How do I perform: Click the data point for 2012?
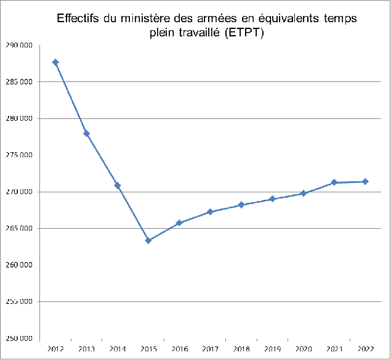[55, 62]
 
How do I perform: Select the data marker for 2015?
[148, 240]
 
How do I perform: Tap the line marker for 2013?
[86, 133]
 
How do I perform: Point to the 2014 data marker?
[118, 186]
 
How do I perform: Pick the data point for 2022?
[365, 181]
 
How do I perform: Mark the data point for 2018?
[241, 205]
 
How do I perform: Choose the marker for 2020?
[303, 194]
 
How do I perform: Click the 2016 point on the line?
[179, 223]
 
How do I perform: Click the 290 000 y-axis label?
[19, 46]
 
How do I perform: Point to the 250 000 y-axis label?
[19, 338]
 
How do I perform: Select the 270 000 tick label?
[19, 192]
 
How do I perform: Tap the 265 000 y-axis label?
[19, 229]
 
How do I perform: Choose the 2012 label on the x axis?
[55, 349]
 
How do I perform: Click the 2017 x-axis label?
[211, 349]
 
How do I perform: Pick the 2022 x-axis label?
[365, 349]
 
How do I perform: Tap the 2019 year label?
[272, 349]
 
